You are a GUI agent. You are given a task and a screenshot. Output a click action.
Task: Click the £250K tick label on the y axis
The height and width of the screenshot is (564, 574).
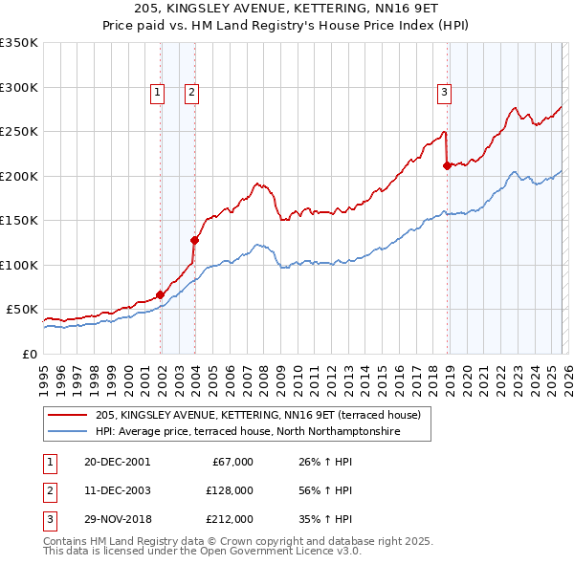[19, 132]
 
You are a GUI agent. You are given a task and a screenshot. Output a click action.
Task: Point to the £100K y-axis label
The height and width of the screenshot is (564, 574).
[19, 265]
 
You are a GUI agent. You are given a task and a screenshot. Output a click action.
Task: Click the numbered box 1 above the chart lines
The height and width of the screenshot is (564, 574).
[158, 93]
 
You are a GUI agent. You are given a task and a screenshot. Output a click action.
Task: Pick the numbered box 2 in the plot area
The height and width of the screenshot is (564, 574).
[191, 93]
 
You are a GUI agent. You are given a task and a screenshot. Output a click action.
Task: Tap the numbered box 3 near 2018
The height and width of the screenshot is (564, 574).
[445, 93]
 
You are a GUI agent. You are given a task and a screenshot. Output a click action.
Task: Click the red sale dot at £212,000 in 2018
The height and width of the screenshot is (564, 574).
[447, 165]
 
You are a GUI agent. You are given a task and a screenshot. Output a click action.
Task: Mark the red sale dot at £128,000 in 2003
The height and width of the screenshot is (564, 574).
[194, 240]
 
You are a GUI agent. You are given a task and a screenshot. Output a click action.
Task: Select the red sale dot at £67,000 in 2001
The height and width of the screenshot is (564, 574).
[160, 294]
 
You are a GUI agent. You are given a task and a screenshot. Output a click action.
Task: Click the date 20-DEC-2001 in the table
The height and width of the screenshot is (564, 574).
[117, 462]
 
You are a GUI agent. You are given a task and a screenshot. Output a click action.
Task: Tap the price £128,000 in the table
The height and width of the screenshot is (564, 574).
[229, 491]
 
